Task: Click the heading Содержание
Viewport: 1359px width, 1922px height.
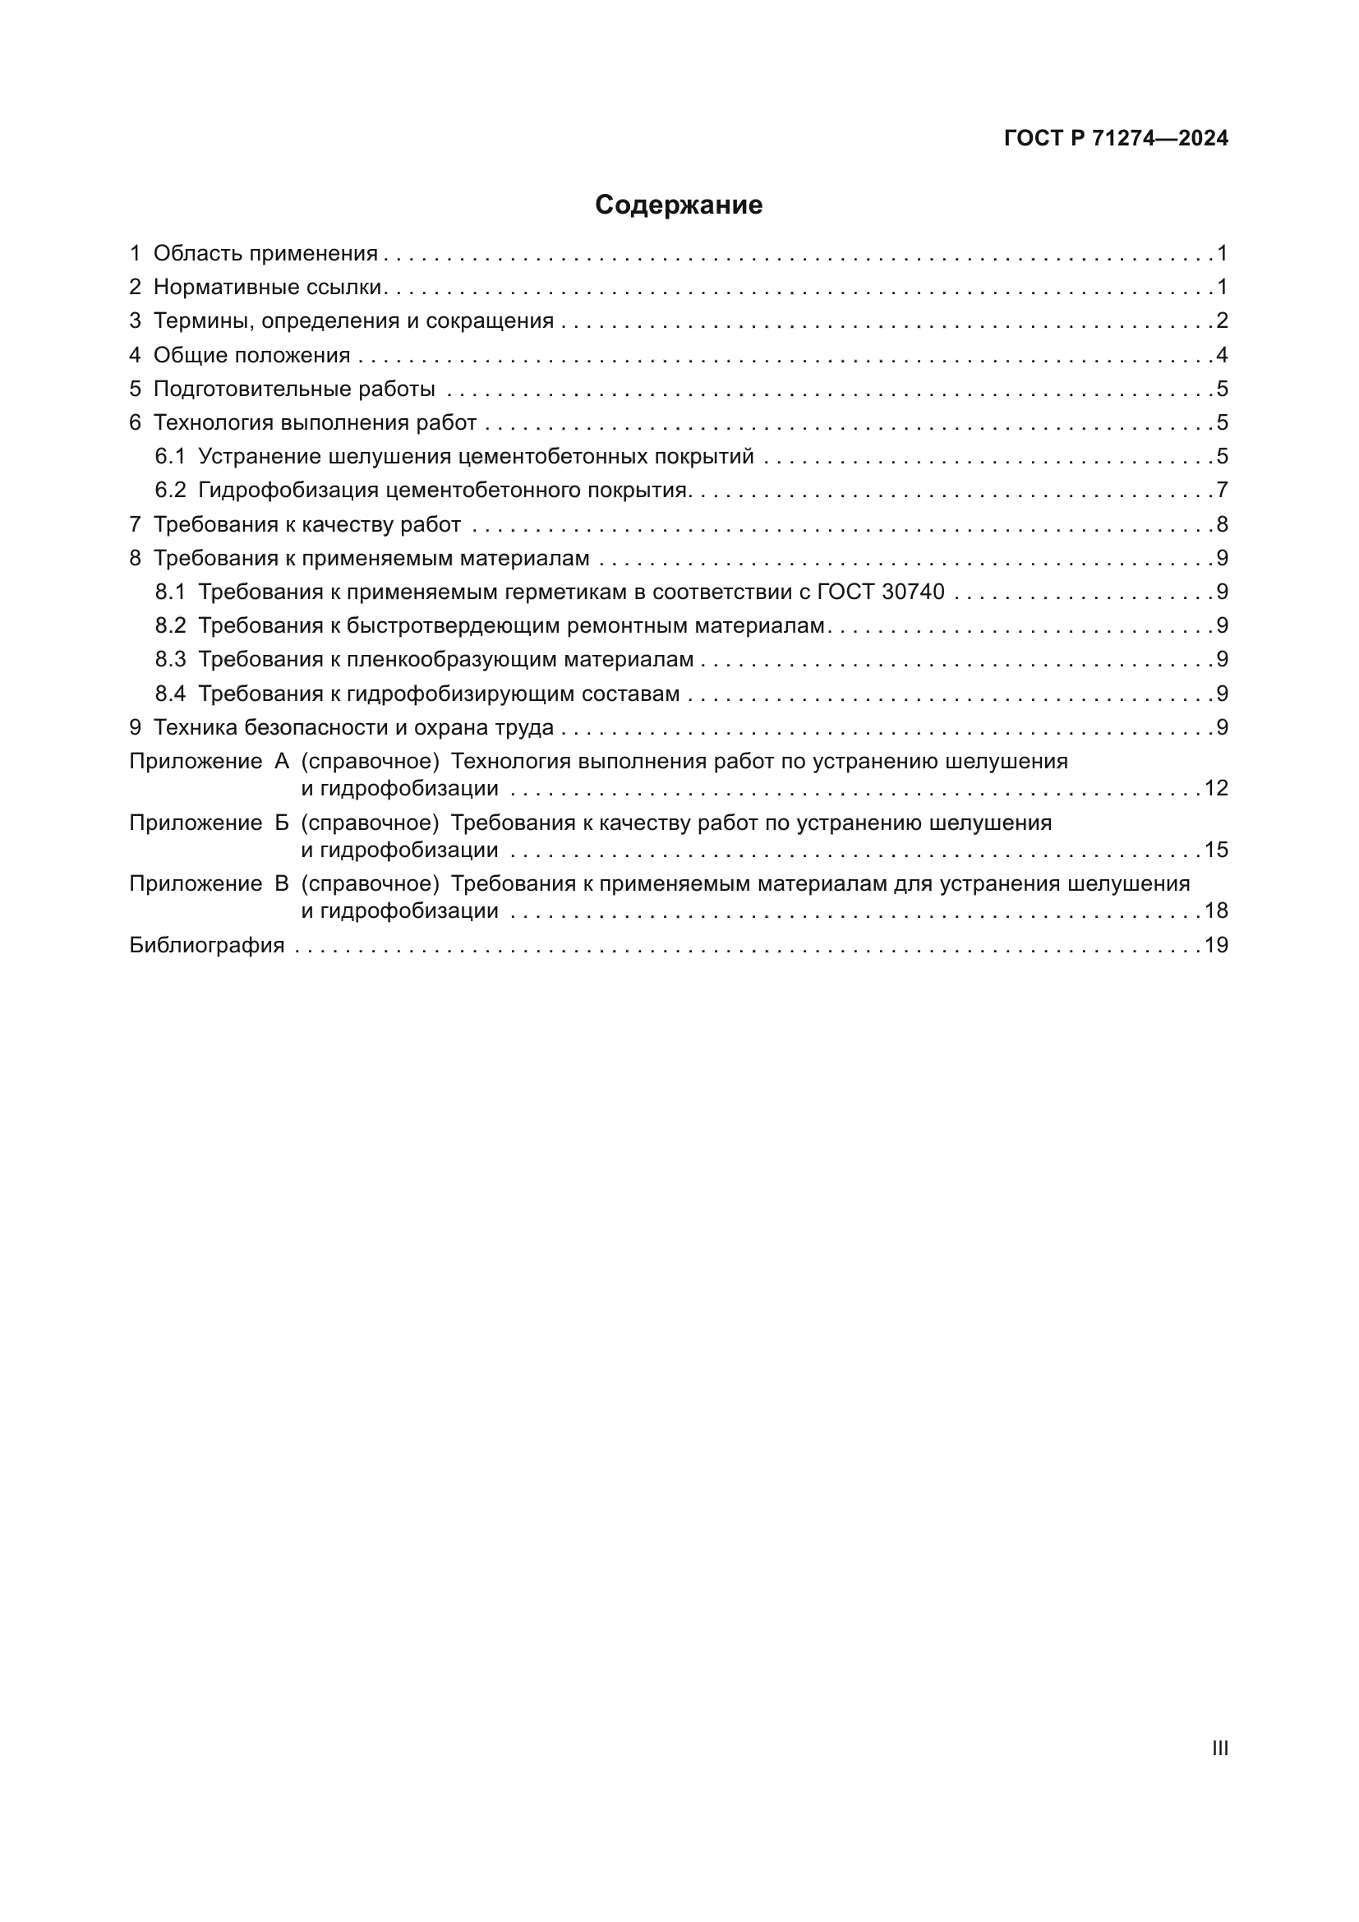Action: click(x=679, y=205)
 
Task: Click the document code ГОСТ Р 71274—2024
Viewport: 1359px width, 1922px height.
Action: click(x=1116, y=138)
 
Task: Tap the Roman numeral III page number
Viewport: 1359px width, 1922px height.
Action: click(x=1220, y=1748)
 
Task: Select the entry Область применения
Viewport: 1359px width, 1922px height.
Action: click(x=265, y=254)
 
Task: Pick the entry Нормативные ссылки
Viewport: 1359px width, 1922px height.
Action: click(x=267, y=287)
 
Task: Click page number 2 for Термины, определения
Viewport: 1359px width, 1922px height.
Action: click(x=1222, y=320)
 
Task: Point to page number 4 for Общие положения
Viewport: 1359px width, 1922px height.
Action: click(x=1222, y=355)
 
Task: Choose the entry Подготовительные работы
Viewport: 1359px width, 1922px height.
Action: click(x=293, y=389)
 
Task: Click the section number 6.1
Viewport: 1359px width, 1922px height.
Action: click(x=170, y=456)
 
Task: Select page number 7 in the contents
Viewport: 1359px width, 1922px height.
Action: click(x=1222, y=490)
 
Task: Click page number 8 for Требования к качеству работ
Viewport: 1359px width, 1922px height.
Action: click(x=1222, y=524)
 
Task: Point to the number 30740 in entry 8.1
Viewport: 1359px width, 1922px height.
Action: click(x=913, y=592)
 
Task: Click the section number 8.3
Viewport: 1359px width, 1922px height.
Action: click(x=170, y=660)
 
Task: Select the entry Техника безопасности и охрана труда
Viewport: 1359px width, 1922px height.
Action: click(x=353, y=727)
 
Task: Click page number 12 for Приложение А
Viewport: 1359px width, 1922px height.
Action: click(x=1216, y=788)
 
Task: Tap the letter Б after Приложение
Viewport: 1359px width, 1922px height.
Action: click(x=282, y=823)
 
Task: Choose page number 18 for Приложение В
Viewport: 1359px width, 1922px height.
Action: click(x=1216, y=910)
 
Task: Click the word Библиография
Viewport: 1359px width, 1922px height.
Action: click(x=207, y=945)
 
